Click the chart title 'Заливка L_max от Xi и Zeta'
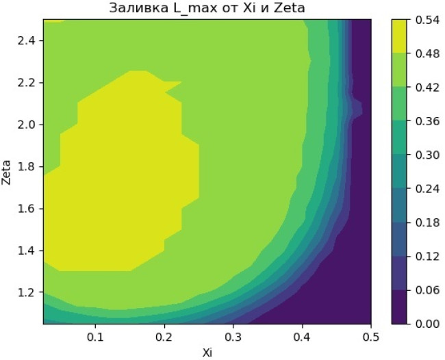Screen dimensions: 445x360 point(207,8)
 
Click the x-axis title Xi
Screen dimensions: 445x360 point(207,352)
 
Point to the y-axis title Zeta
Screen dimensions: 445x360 point(6,172)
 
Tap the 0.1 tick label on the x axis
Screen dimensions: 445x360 point(95,337)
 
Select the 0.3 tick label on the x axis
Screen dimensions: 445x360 point(233,337)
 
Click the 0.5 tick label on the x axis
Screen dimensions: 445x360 point(371,337)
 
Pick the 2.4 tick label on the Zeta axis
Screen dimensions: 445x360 point(26,41)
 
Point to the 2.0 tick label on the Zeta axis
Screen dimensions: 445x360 point(26,125)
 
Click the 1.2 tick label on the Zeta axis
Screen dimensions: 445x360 point(26,292)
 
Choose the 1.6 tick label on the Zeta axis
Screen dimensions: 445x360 point(26,209)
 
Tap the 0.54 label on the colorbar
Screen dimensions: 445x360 point(427,20)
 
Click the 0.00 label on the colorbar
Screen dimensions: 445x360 point(427,324)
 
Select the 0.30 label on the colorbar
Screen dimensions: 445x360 point(427,155)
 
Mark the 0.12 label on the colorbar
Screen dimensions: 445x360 point(427,256)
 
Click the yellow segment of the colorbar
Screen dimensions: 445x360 point(398,36)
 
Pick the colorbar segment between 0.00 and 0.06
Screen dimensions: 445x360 point(398,307)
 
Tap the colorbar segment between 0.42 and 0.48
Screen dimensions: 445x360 point(398,70)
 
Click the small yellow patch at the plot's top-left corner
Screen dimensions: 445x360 point(54,21)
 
